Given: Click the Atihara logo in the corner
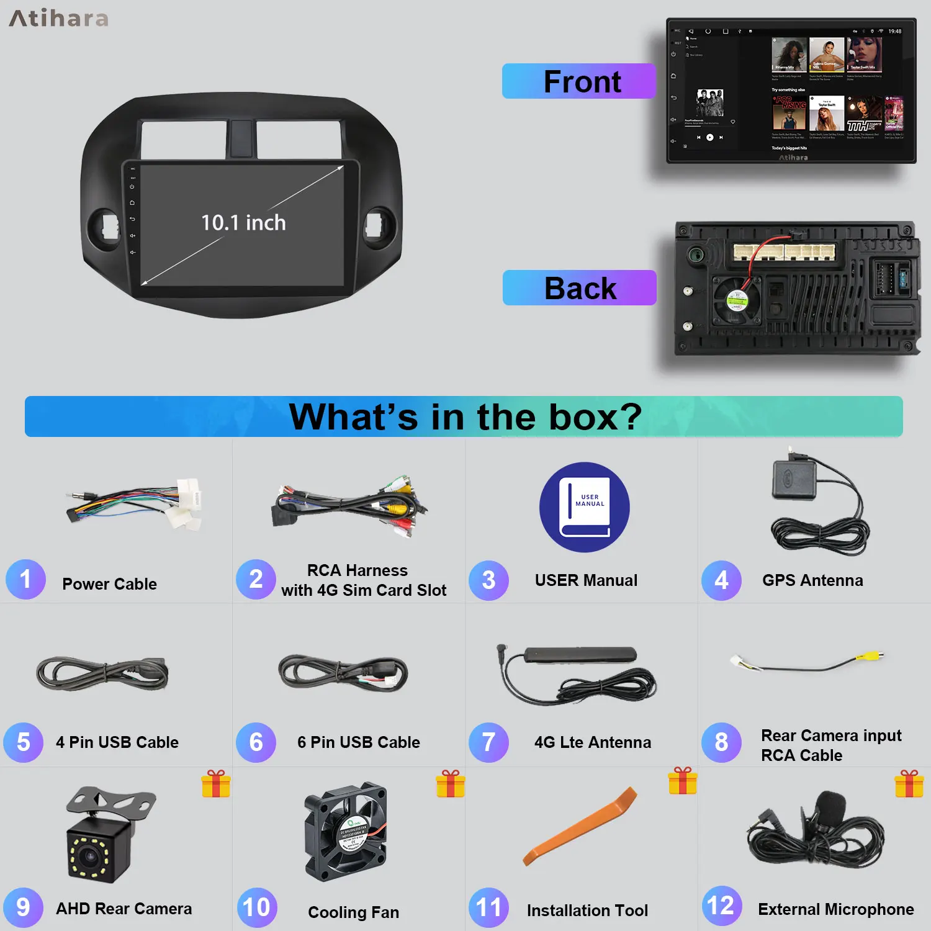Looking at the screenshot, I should tap(59, 19).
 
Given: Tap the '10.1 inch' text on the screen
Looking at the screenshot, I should tap(243, 222).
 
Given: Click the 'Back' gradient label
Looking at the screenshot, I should tap(580, 288).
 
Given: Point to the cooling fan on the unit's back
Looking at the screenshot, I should tap(737, 300).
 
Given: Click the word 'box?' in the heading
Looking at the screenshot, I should tap(596, 416).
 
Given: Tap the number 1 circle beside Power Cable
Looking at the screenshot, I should tap(25, 579).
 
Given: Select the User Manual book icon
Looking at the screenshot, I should tap(585, 507).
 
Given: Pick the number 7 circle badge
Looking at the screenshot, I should tap(488, 742).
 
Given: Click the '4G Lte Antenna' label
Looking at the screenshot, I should tap(593, 742).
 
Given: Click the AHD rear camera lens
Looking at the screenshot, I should tap(91, 857).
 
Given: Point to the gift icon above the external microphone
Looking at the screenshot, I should tap(909, 783).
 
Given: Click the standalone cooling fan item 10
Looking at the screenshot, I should tap(346, 832).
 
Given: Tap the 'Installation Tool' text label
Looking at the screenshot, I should tap(587, 911).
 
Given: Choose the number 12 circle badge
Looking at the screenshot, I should tap(721, 906).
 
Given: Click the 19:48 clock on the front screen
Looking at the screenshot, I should tap(894, 31).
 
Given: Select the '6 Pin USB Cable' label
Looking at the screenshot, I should tap(359, 742).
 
